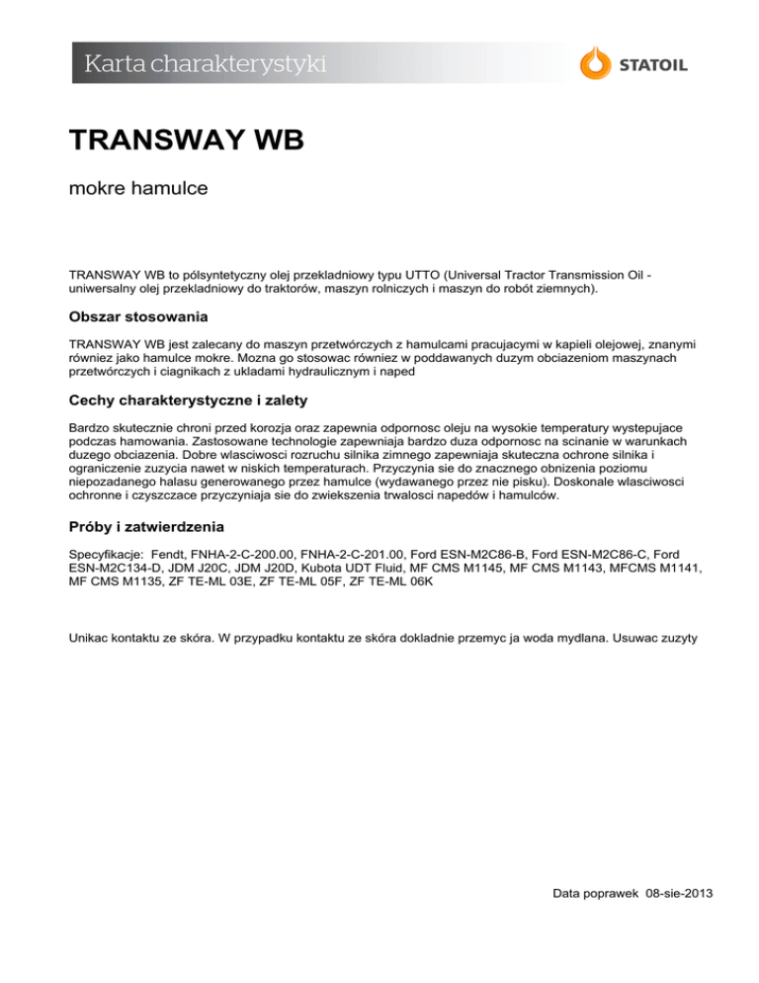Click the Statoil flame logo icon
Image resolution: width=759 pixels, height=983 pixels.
tap(594, 63)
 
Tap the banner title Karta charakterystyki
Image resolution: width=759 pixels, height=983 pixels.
tap(206, 65)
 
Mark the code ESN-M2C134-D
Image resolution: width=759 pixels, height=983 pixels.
tap(116, 571)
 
